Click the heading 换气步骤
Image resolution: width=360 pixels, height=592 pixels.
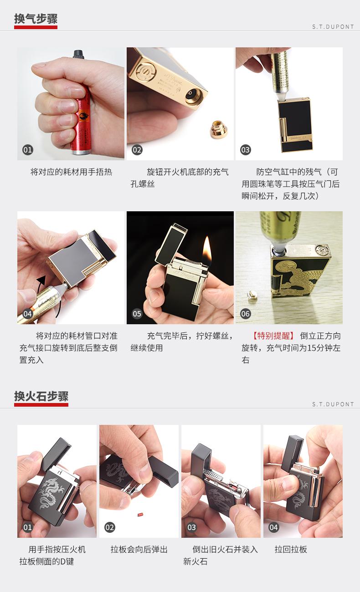coord(36,19)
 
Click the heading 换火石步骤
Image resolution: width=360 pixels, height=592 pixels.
coord(41,397)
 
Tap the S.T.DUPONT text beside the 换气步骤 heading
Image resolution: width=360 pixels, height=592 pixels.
coord(333,27)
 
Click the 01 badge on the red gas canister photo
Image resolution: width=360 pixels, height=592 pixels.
coord(27,150)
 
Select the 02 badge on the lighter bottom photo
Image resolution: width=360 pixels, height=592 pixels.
coord(137,150)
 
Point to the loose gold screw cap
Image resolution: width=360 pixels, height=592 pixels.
coord(219,129)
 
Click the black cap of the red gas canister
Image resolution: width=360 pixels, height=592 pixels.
coord(79,54)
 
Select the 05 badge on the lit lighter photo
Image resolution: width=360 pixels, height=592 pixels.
coord(137,314)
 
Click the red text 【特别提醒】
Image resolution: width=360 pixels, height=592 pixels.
coord(273,336)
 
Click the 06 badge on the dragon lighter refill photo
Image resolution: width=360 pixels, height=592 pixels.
coord(246,314)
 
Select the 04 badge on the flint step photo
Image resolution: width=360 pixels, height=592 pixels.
coord(273,527)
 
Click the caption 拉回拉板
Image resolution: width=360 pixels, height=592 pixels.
coord(291,550)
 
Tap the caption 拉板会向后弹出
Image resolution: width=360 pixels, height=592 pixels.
coord(139,550)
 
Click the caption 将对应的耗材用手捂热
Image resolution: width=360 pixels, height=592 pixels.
coord(72,172)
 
